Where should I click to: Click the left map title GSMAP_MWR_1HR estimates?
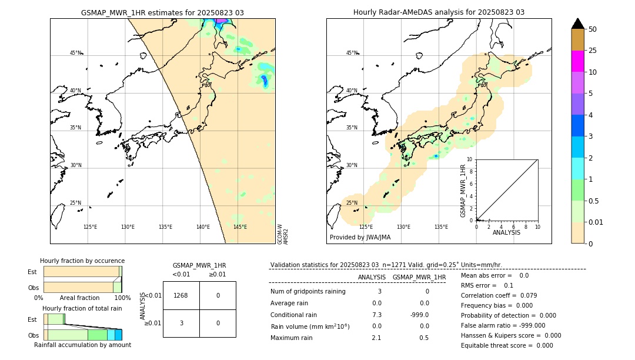pos(162,12)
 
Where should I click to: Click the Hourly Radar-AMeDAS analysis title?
pos(439,12)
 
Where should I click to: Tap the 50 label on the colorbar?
pos(593,29)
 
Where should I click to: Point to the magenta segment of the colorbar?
pos(577,61)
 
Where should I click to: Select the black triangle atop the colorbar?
pos(577,24)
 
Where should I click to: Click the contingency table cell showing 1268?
pos(181,295)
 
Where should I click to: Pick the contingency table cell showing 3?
pos(181,323)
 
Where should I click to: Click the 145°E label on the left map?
pos(240,227)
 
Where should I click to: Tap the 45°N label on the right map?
pos(352,53)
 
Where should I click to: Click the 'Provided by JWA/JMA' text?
pos(360,238)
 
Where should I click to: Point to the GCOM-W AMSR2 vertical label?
pos(283,234)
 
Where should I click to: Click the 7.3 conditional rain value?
pos(377,315)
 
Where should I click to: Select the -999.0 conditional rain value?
pos(419,315)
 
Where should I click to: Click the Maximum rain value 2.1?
pos(377,338)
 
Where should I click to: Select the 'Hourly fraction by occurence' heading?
pos(82,261)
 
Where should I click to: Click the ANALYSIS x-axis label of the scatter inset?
pos(506,232)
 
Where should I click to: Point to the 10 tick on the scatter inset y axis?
pos(470,159)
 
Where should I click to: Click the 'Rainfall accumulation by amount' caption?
pos(82,345)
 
